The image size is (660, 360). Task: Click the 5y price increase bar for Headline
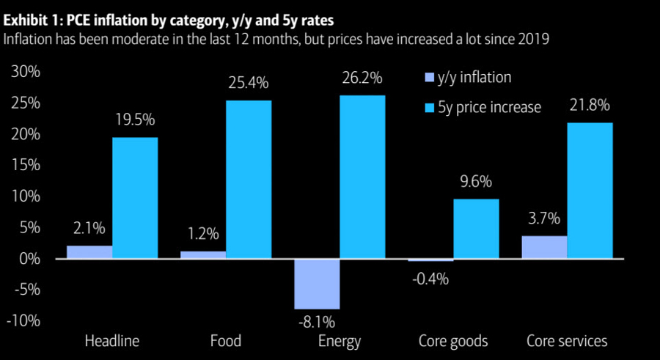[x=135, y=198]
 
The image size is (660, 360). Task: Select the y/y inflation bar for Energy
[x=318, y=284]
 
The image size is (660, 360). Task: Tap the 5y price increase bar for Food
[x=249, y=180]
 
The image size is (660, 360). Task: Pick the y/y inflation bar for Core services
[x=545, y=247]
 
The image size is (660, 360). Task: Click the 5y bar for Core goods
[x=477, y=229]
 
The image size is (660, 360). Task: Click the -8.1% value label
[x=318, y=320]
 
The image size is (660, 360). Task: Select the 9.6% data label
[x=477, y=182]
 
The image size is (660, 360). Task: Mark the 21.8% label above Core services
[x=590, y=106]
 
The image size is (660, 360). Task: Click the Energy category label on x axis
[x=340, y=341]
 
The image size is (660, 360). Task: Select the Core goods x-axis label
[x=453, y=341]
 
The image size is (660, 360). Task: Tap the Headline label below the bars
[x=112, y=341]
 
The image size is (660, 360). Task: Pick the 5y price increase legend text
[x=490, y=108]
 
